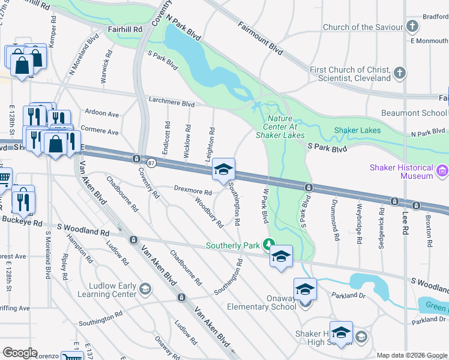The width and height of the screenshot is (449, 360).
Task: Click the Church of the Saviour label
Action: pos(363,27)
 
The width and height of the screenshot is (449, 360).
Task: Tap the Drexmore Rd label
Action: pos(193,192)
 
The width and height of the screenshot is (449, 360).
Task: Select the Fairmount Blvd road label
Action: pos(260,35)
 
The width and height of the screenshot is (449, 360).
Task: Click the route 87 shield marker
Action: pos(151,163)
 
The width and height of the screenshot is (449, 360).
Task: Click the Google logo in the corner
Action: pos(20,353)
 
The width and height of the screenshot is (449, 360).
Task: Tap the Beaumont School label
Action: pos(414,113)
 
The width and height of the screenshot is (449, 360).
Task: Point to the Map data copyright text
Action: pos(411,355)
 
